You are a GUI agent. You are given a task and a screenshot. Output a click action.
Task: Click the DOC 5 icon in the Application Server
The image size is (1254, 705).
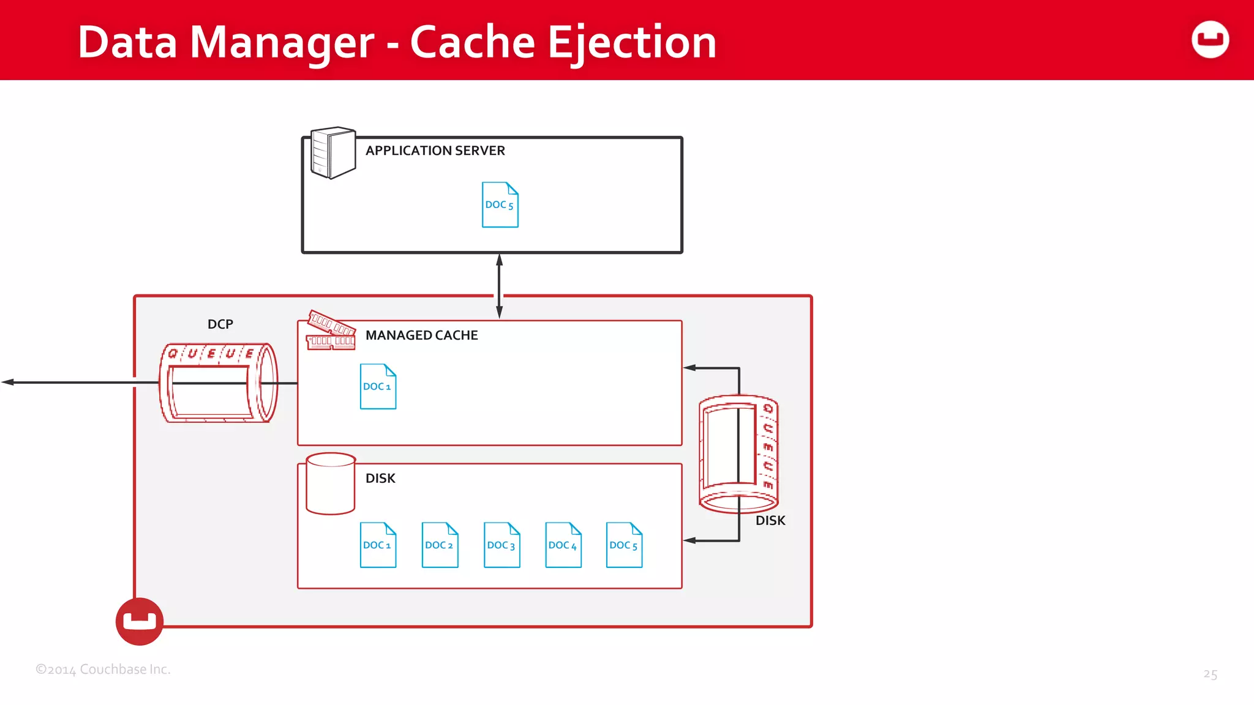(x=500, y=205)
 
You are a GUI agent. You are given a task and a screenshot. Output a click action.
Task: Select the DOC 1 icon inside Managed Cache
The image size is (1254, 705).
(x=378, y=387)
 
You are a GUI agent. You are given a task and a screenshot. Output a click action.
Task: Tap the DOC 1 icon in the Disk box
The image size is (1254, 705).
(x=378, y=545)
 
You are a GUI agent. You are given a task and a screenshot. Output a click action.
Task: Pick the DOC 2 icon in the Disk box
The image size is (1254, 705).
(x=440, y=545)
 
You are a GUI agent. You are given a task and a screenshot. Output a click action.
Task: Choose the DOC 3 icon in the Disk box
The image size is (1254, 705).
(x=501, y=545)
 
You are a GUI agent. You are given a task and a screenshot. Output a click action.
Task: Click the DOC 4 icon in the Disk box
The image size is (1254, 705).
(x=563, y=545)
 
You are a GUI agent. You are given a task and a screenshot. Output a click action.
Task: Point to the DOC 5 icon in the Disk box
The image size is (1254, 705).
(x=624, y=545)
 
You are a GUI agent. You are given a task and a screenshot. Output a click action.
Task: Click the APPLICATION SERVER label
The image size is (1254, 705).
(x=435, y=151)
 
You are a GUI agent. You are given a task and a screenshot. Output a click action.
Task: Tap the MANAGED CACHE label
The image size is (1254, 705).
(x=421, y=335)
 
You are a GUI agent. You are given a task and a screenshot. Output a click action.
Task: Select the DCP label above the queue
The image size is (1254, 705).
(x=220, y=324)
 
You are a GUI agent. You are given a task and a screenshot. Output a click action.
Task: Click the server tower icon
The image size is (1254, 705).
(x=332, y=153)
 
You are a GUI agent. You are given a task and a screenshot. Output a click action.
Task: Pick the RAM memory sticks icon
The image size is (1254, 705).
(x=331, y=331)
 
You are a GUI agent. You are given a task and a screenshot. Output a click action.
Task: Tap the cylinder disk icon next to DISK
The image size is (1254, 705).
(x=331, y=483)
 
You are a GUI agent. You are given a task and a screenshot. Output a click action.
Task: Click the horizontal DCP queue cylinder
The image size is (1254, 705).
(x=219, y=383)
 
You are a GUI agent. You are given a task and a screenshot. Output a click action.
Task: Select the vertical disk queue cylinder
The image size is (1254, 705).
(x=738, y=453)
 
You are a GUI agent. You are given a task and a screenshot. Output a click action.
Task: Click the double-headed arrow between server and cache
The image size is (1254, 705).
(x=499, y=286)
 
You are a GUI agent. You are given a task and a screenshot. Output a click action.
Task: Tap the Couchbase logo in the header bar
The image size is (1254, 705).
(x=1210, y=40)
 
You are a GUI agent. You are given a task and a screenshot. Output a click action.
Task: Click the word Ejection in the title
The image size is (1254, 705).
(x=631, y=43)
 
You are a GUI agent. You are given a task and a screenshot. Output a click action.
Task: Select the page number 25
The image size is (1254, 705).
(x=1210, y=674)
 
